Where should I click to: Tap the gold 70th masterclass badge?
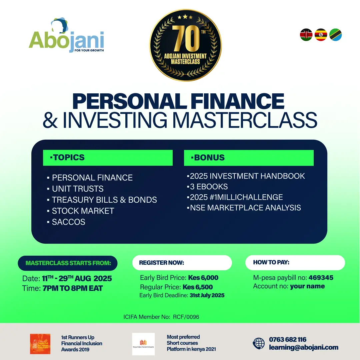[185, 45]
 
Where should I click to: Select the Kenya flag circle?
[306, 35]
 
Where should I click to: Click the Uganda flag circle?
[321, 35]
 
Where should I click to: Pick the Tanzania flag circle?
[335, 35]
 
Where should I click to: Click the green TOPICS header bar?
[108, 158]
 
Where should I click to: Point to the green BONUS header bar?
[249, 158]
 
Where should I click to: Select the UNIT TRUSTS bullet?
[77, 189]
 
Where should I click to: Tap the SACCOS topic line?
[68, 222]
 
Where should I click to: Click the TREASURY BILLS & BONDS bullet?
[104, 200]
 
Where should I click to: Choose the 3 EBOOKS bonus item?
[209, 187]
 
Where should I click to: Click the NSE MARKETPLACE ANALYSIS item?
[245, 208]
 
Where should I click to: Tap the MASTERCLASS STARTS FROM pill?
[68, 263]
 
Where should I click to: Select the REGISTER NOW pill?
[182, 263]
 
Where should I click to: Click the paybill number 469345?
[321, 278]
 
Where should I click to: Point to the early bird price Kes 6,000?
[203, 278]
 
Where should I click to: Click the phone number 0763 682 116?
[287, 340]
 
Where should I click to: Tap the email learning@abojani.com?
[303, 347]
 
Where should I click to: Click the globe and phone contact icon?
[259, 343]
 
